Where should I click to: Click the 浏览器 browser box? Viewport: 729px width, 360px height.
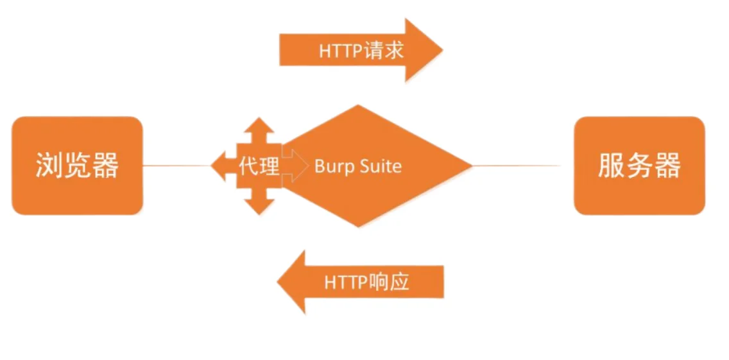tap(77, 166)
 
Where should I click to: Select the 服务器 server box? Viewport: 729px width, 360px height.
tap(639, 166)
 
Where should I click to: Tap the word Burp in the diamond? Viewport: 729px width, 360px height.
tap(330, 167)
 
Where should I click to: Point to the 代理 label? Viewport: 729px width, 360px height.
tap(259, 166)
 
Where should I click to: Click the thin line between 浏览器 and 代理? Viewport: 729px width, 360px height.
tap(176, 166)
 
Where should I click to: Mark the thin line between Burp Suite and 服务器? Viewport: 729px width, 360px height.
tap(517, 166)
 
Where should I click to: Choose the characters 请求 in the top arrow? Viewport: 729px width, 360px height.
tap(384, 51)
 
